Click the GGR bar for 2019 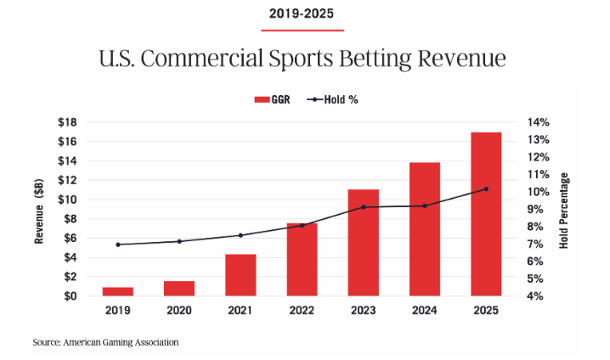coord(117,291)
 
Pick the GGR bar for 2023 coord(363,243)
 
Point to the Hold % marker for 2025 coord(486,189)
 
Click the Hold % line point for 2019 coord(117,245)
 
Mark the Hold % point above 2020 coord(178,241)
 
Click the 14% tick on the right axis coord(541,122)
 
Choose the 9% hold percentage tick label coord(541,209)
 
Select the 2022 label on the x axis coord(302,311)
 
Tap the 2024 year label coord(424,311)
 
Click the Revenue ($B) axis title coord(39,209)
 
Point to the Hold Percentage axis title coord(565,210)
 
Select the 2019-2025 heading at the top coord(302,14)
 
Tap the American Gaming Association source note coord(106,342)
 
